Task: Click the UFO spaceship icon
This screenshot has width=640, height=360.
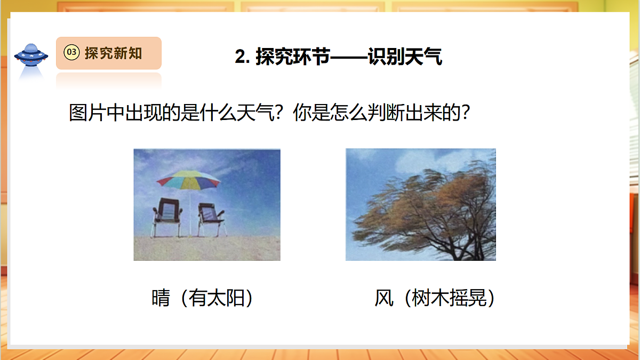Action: (31, 54)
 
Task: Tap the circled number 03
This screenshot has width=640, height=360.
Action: (71, 52)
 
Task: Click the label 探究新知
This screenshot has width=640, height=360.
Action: (113, 53)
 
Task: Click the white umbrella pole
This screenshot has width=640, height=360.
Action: (190, 213)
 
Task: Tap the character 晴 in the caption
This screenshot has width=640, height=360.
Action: (161, 299)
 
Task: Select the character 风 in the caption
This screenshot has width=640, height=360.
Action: (383, 299)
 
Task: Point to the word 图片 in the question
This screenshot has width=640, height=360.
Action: (88, 113)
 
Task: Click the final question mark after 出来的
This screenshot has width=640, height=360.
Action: (467, 113)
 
